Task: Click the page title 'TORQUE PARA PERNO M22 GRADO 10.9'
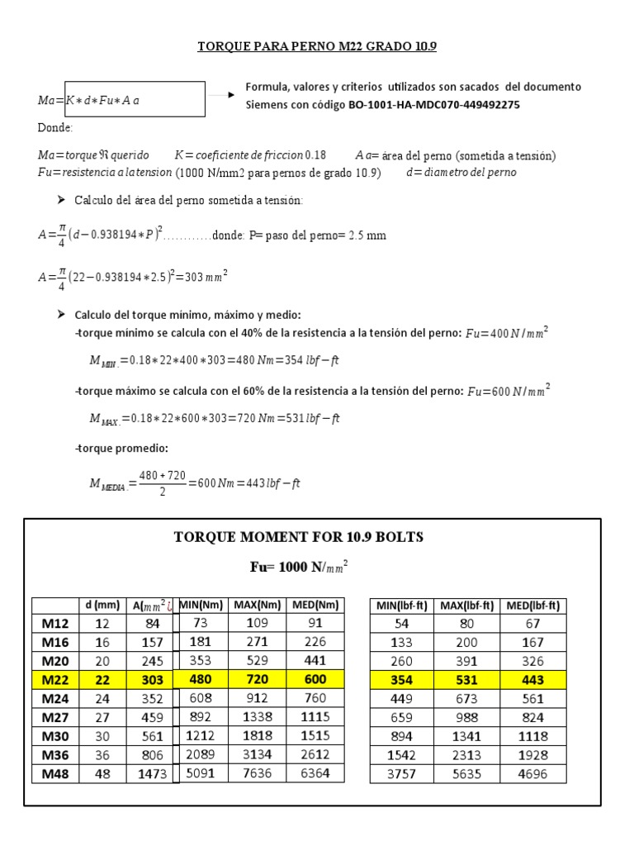(316, 46)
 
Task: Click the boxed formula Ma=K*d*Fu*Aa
(121, 100)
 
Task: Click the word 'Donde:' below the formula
(55, 128)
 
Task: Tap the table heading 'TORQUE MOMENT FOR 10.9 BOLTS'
(298, 538)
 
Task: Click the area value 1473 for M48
(151, 774)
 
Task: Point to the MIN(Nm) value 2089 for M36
(206, 755)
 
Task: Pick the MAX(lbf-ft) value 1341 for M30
(466, 736)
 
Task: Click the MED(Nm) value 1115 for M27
(315, 717)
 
